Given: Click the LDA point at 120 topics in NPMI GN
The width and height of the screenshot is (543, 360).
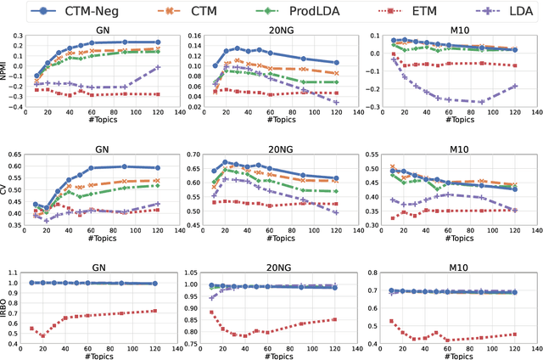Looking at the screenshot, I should point(158,67).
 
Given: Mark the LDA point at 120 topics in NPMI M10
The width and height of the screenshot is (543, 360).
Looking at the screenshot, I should point(513,86).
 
